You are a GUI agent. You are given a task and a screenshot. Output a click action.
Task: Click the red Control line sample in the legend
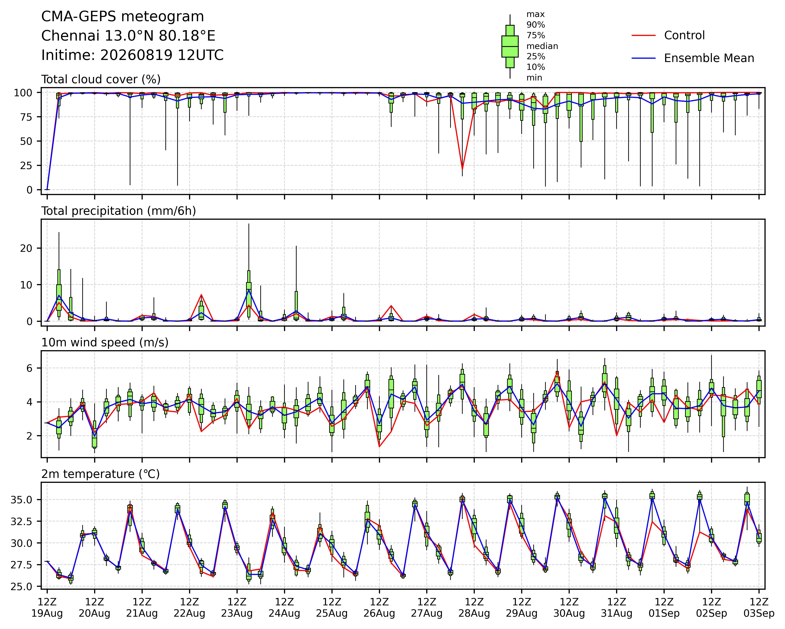click(x=643, y=35)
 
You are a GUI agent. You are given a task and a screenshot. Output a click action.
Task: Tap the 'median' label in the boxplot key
click(x=542, y=46)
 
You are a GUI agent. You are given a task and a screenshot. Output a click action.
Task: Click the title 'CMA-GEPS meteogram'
click(x=123, y=17)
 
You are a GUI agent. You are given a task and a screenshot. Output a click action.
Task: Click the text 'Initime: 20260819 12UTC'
click(x=132, y=55)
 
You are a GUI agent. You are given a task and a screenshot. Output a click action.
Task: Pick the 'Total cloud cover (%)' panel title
click(x=101, y=79)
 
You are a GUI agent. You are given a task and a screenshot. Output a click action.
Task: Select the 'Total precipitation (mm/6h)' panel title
click(x=119, y=211)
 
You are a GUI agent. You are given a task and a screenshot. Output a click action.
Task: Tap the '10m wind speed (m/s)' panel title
click(x=105, y=343)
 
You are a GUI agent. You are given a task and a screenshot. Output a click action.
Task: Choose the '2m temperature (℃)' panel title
click(x=100, y=474)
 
